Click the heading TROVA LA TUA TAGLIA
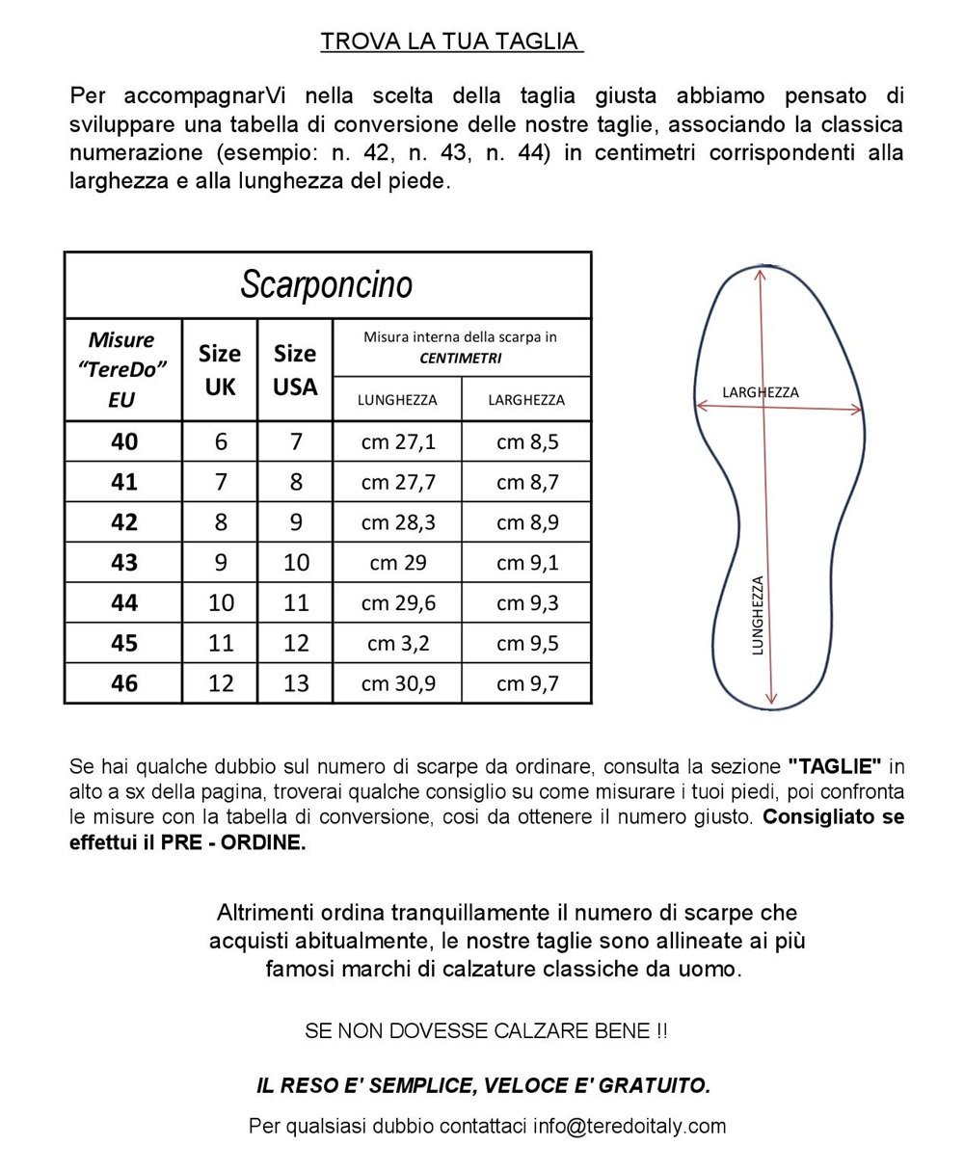[x=451, y=41]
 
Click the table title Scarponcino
[x=327, y=284]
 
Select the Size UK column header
[x=220, y=369]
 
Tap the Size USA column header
[x=295, y=369]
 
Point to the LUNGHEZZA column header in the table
[x=397, y=399]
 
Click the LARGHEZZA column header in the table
[x=526, y=399]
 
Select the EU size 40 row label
[x=124, y=441]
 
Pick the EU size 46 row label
[x=124, y=682]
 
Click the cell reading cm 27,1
[x=398, y=441]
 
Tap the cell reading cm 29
[x=398, y=562]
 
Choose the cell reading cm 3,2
[x=398, y=643]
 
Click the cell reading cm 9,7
[x=527, y=682]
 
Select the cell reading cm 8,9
[x=527, y=521]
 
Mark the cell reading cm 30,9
[x=398, y=682]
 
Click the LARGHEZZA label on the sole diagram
[x=761, y=392]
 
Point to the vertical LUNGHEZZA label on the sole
[x=758, y=616]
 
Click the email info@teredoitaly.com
[x=629, y=1126]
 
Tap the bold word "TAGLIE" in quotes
[x=835, y=767]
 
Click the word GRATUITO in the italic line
[x=655, y=1085]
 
